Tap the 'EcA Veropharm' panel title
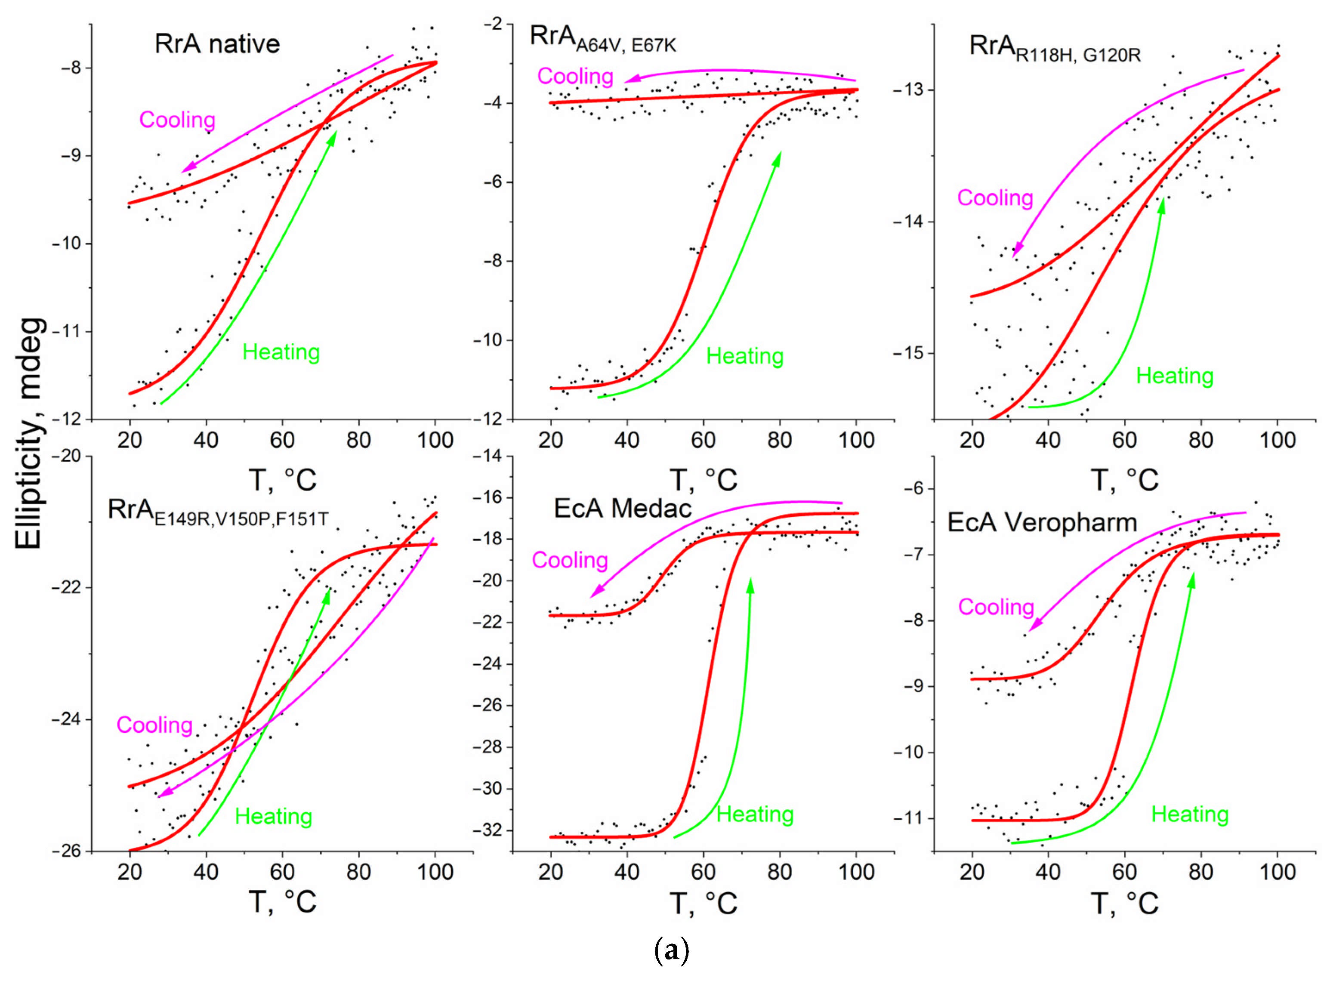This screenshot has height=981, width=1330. click(1042, 523)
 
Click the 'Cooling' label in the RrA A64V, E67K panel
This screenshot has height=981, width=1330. click(575, 77)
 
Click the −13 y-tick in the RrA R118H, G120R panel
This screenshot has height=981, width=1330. click(908, 90)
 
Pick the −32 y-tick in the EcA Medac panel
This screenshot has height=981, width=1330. click(487, 830)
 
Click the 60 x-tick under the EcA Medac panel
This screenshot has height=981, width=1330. click(703, 872)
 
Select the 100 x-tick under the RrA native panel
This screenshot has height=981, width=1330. click(435, 440)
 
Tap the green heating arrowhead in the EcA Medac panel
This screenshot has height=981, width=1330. click(750, 583)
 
